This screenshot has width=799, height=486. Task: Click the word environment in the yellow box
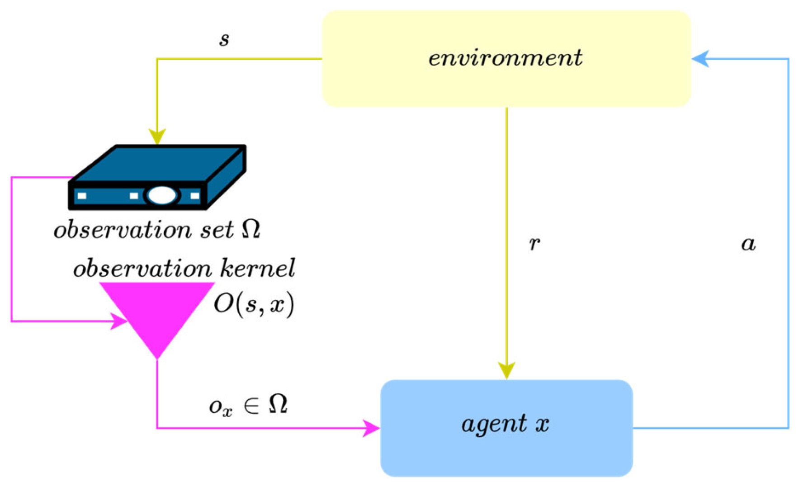505,58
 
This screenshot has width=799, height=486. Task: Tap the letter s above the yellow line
224,40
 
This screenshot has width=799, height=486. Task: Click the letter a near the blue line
748,244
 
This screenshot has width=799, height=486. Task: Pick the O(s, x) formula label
254,304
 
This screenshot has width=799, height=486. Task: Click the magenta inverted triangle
157,312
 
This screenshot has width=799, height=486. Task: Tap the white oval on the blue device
162,195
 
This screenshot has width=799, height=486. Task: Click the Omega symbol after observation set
251,229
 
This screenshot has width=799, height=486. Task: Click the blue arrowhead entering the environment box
700,59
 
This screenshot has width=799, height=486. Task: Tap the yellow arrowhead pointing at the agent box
506,370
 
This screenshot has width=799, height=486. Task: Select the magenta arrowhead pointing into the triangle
120,321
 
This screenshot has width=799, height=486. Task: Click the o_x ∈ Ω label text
248,404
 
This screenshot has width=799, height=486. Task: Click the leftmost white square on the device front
82,196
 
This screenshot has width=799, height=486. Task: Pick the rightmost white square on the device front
195,196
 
